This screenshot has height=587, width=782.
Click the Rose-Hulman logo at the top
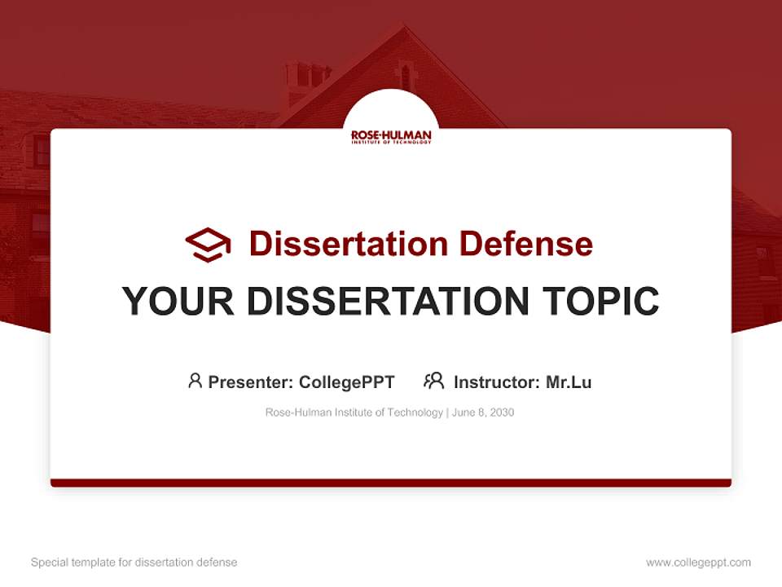tap(391, 136)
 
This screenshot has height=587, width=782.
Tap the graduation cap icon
tap(208, 245)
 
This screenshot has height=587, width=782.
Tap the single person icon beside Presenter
tap(195, 381)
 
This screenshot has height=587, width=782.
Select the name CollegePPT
tap(347, 382)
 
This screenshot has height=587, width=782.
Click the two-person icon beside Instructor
tap(434, 381)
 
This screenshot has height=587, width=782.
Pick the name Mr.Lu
tap(569, 382)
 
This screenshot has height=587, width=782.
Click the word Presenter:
tap(251, 382)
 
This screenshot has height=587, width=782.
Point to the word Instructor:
tap(497, 382)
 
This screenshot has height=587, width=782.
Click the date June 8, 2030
tap(483, 413)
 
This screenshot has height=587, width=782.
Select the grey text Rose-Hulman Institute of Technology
tap(354, 413)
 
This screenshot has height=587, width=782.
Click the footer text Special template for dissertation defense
tap(134, 563)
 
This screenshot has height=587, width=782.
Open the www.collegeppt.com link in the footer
tap(698, 563)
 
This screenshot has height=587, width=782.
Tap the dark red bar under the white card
tap(391, 483)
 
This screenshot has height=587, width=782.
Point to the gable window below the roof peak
tap(406, 77)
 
